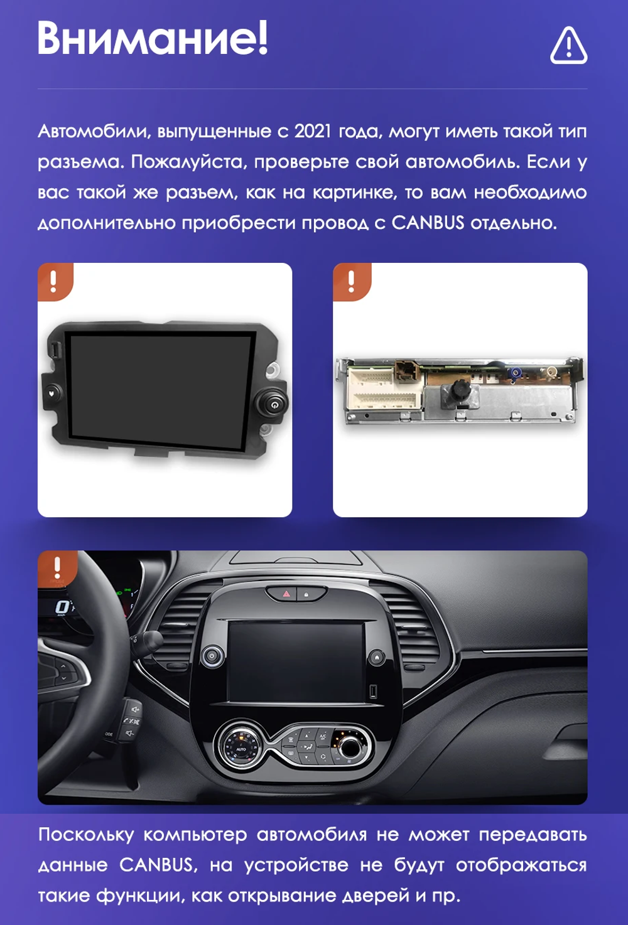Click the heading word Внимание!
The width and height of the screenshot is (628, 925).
(x=153, y=38)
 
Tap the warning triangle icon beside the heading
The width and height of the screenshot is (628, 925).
(x=568, y=46)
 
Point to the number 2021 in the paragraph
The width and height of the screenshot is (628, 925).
(x=313, y=132)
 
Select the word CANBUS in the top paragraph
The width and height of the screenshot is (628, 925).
(x=428, y=223)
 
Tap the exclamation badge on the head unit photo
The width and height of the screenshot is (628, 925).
(x=54, y=281)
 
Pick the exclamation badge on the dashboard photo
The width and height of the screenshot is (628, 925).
(x=57, y=568)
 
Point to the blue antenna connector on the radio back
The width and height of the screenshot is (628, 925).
(x=515, y=373)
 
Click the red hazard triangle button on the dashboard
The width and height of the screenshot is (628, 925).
(x=286, y=593)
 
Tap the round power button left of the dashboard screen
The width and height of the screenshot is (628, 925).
(x=212, y=656)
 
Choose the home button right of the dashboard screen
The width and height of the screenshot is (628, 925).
(x=377, y=657)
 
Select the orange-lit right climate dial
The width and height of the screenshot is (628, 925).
(x=349, y=747)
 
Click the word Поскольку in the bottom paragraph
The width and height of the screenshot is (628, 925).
(x=86, y=835)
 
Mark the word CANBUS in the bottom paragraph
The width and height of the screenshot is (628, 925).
(x=156, y=865)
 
